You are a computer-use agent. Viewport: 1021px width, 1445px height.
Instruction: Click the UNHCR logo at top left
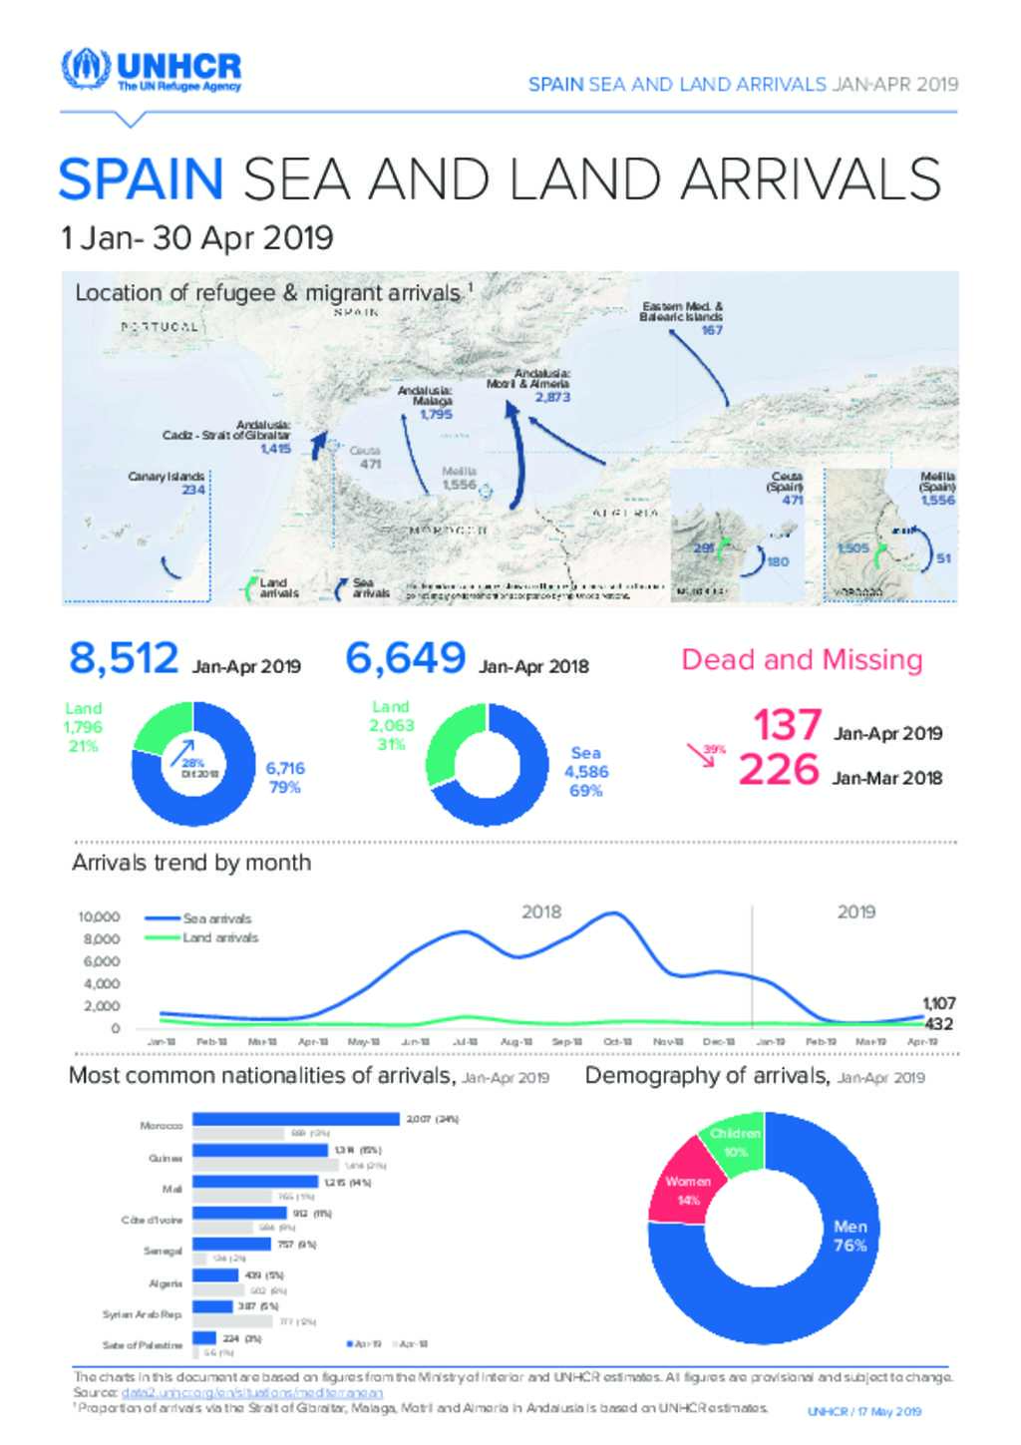pyautogui.click(x=151, y=70)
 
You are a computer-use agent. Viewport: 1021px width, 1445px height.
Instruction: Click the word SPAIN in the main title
pyautogui.click(x=141, y=180)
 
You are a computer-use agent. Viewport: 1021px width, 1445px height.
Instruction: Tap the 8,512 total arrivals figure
pyautogui.click(x=124, y=658)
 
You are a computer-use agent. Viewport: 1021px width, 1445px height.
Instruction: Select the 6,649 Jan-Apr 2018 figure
pyautogui.click(x=405, y=658)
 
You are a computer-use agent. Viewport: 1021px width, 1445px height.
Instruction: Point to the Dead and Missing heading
pyautogui.click(x=802, y=659)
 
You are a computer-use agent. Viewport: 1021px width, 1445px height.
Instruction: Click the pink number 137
pyautogui.click(x=787, y=725)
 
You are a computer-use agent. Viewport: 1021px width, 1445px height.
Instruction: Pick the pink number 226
pyautogui.click(x=779, y=770)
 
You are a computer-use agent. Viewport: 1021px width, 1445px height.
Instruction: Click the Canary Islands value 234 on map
pyautogui.click(x=192, y=490)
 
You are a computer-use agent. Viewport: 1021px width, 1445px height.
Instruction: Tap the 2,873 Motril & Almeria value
pyautogui.click(x=552, y=397)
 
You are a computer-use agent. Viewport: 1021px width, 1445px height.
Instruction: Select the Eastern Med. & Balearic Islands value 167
pyautogui.click(x=712, y=330)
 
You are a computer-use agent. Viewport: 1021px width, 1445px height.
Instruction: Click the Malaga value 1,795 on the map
pyautogui.click(x=436, y=414)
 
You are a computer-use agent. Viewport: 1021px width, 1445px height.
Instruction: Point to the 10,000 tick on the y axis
pyautogui.click(x=100, y=916)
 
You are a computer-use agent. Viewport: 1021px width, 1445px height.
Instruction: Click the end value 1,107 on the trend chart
pyautogui.click(x=938, y=1003)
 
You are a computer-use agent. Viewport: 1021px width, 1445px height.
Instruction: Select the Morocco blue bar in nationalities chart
pyautogui.click(x=295, y=1119)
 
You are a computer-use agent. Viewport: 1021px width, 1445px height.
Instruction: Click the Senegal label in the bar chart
pyautogui.click(x=164, y=1251)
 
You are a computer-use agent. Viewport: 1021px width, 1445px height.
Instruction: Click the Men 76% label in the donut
pyautogui.click(x=851, y=1236)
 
